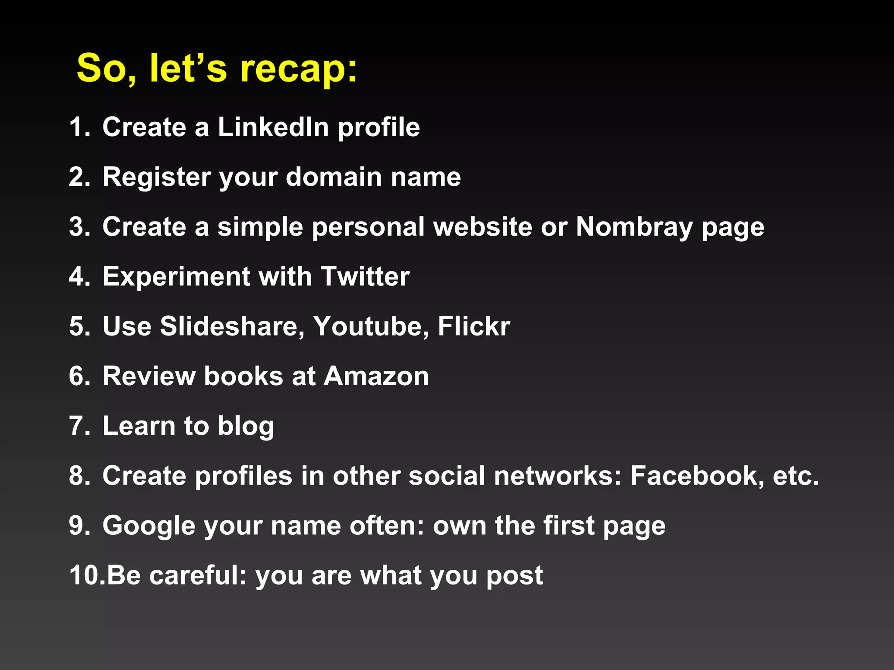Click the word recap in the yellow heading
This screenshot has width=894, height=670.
(x=299, y=69)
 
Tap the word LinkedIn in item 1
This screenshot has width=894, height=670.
(x=273, y=127)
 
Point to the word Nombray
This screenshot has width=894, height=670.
(x=634, y=227)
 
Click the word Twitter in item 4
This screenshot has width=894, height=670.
(x=365, y=277)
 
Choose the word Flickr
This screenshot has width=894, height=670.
(x=474, y=326)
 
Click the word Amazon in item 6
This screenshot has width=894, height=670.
(x=376, y=376)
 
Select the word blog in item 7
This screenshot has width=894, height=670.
(x=246, y=426)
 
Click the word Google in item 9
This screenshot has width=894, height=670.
(x=148, y=526)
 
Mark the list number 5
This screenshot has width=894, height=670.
(x=79, y=326)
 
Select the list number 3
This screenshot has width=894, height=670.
(x=79, y=227)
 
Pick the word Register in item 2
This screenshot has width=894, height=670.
(x=156, y=177)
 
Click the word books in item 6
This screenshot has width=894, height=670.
(x=244, y=376)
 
